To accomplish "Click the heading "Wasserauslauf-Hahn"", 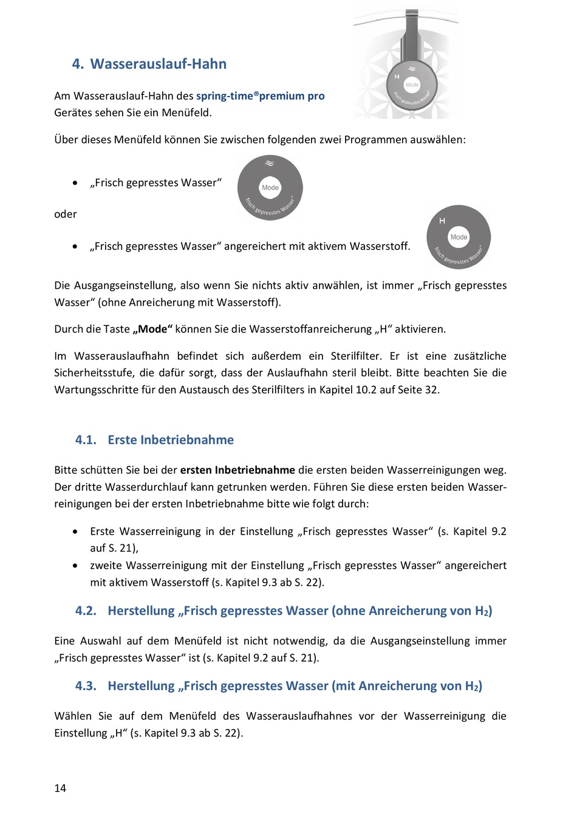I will (x=158, y=64).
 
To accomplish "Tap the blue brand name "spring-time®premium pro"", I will (x=260, y=95).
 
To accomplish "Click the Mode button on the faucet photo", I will (x=412, y=85).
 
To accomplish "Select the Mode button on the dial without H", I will (x=270, y=187).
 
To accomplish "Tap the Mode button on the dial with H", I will (x=459, y=237).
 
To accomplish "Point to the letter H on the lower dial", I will (x=442, y=221).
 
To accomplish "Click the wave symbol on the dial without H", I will (x=270, y=163).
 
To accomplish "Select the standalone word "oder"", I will (x=66, y=214).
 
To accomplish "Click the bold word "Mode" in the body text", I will (x=152, y=329).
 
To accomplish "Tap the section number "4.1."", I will (x=86, y=440).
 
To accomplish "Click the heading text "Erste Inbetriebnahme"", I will (x=171, y=440).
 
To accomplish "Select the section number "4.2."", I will (x=86, y=611).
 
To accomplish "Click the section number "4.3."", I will (x=86, y=686).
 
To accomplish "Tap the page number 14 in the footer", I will (x=60, y=788).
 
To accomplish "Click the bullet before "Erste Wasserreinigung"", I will (x=75, y=531).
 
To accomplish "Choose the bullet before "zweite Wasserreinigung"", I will (x=75, y=566).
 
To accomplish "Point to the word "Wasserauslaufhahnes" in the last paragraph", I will (x=299, y=716).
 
